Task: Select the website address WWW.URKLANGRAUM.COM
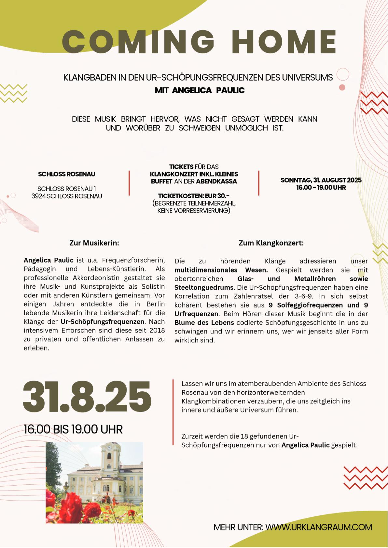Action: pos(319,527)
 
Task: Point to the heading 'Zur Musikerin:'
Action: pos(94,243)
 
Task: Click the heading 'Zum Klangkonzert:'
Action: pos(271,243)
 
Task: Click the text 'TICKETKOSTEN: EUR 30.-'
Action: pos(194,196)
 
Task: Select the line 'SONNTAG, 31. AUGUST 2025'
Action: pos(321,180)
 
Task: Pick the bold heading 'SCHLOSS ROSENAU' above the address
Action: pos(67,174)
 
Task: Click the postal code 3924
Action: pos(39,196)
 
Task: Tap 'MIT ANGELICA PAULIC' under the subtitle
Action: pos(200,90)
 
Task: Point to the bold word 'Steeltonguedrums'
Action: pos(204,288)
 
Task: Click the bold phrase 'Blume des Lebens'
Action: pos(204,323)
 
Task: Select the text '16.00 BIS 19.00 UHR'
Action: pos(73,429)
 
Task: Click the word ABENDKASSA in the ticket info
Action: pos(216,181)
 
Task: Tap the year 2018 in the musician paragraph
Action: pos(157,331)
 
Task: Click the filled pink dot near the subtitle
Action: pos(342,87)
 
